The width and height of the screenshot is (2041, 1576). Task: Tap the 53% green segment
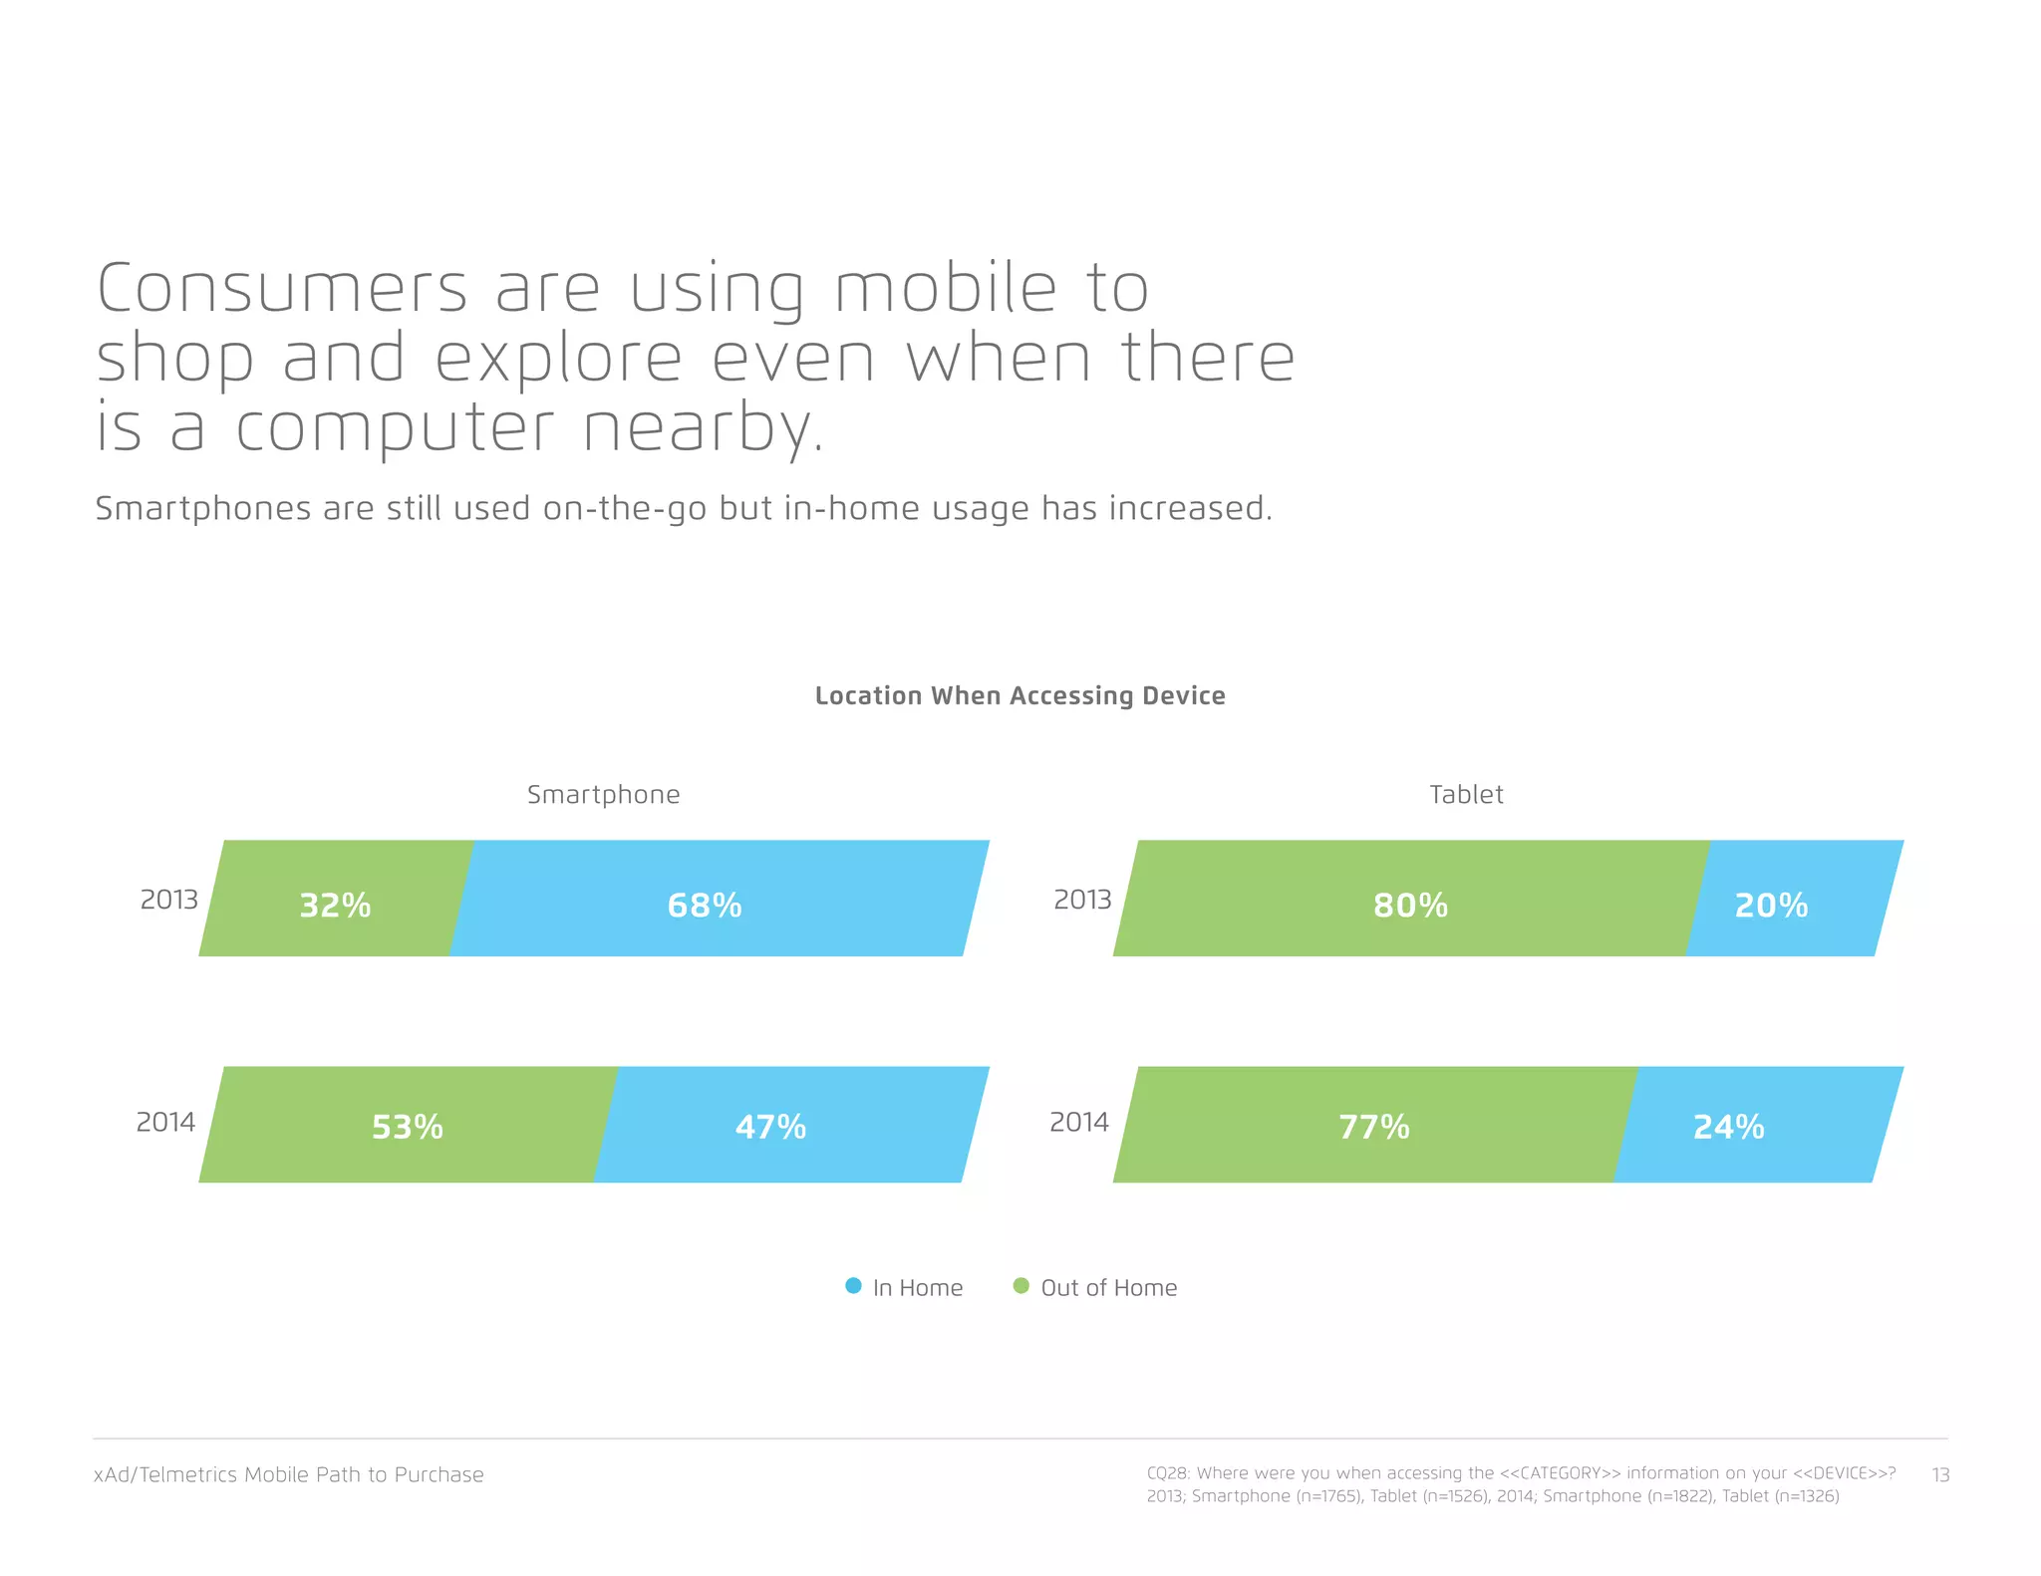(x=407, y=1125)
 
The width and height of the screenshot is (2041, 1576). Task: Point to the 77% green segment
(x=1373, y=1125)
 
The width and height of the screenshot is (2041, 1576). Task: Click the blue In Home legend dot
(x=853, y=1286)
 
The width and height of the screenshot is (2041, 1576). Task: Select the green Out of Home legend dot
(x=1020, y=1286)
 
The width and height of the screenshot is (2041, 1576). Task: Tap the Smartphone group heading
(x=603, y=794)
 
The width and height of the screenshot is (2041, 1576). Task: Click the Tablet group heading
(x=1466, y=794)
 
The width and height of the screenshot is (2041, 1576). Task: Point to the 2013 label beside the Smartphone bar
(x=168, y=900)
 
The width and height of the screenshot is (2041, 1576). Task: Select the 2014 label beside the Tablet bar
(x=1078, y=1123)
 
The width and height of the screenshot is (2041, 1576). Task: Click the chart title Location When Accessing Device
(x=1020, y=695)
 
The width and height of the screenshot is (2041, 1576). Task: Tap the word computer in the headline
(x=394, y=428)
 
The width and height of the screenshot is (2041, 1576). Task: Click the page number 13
(x=1940, y=1474)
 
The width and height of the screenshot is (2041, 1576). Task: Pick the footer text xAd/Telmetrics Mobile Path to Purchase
(x=288, y=1474)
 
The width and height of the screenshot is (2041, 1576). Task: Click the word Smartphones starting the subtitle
(x=203, y=508)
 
